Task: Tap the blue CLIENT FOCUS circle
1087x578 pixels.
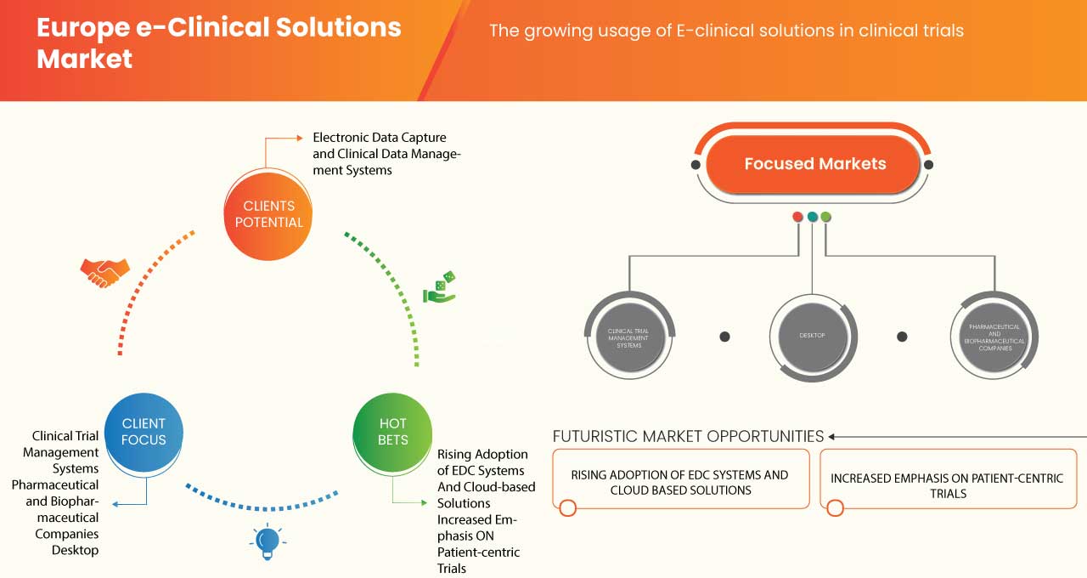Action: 144,431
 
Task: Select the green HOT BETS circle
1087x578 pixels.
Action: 392,431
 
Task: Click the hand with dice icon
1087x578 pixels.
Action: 440,287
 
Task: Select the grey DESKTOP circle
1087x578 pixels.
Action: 812,336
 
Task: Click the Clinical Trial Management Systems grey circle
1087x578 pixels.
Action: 629,336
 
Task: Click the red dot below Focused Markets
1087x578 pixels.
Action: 797,217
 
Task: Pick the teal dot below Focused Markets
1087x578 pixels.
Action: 812,217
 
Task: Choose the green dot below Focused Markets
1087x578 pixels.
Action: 825,217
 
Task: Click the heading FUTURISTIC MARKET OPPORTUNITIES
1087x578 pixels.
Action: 688,436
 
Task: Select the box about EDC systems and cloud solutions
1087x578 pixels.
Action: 679,482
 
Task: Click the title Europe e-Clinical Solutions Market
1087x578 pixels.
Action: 218,42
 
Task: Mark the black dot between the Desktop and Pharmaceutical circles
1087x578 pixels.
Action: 903,337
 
